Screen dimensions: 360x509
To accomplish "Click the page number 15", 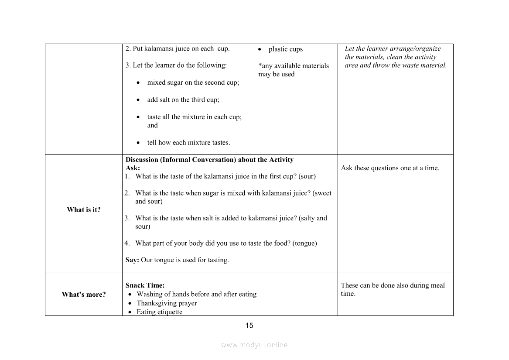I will pyautogui.click(x=249, y=326).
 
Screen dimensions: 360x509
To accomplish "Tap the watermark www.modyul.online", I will pyautogui.click(x=254, y=345).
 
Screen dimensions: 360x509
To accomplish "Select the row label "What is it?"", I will pyautogui.click(x=84, y=210).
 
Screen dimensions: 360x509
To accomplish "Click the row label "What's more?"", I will pyautogui.click(x=84, y=295).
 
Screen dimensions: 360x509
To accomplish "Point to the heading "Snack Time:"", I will pyautogui.click(x=145, y=286).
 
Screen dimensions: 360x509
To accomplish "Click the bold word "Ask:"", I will pyautogui.click(x=133, y=168).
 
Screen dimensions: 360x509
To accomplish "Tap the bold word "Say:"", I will pyautogui.click(x=132, y=260).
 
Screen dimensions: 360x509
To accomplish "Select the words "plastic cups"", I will pyautogui.click(x=285, y=49).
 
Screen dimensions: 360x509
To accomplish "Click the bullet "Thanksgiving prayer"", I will pyautogui.click(x=167, y=303).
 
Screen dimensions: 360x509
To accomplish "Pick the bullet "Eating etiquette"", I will pyautogui.click(x=159, y=312).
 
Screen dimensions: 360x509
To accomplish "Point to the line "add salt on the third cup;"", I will pyautogui.click(x=183, y=100).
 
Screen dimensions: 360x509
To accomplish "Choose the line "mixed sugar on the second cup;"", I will pyautogui.click(x=193, y=82).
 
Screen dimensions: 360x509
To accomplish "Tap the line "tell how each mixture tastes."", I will pyautogui.click(x=188, y=143).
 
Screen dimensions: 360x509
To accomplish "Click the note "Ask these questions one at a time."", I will pyautogui.click(x=390, y=168).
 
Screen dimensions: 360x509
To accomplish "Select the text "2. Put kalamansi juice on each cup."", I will pyautogui.click(x=178, y=49).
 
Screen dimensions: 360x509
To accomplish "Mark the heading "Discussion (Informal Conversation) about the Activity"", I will pyautogui.click(x=209, y=160).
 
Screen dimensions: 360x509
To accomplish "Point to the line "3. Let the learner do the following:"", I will pyautogui.click(x=176, y=65).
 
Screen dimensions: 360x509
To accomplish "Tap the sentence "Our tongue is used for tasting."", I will pyautogui.click(x=185, y=260).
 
